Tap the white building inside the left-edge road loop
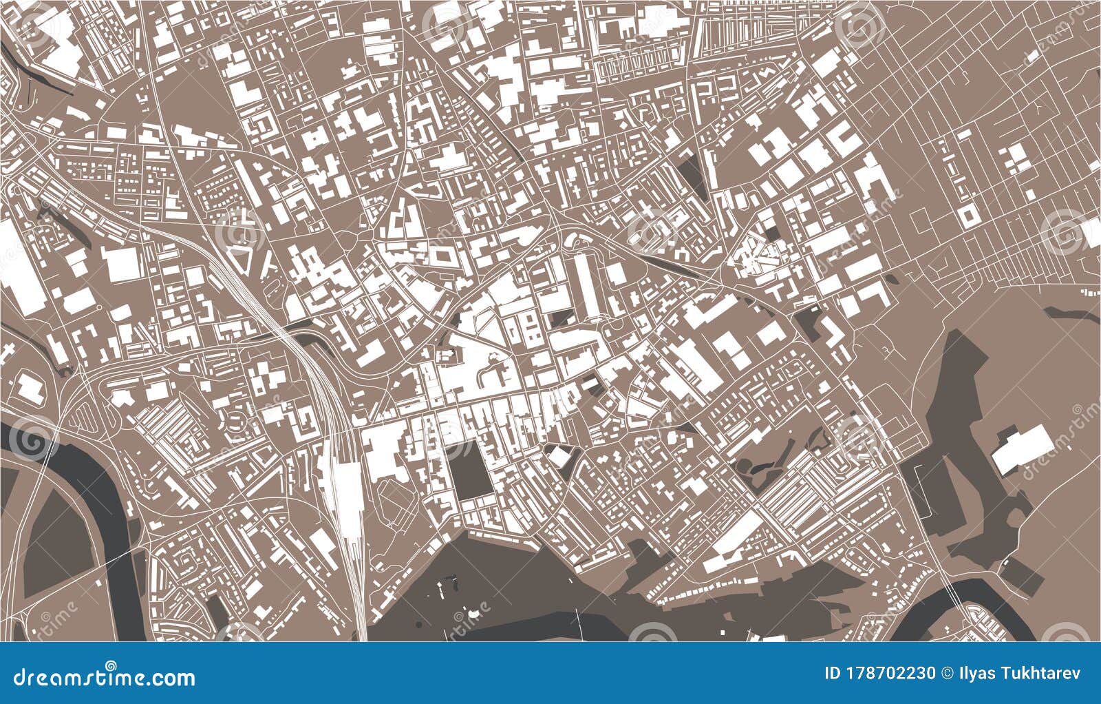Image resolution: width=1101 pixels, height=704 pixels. (29, 389)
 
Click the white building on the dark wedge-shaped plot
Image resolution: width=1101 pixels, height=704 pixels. (558, 455)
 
